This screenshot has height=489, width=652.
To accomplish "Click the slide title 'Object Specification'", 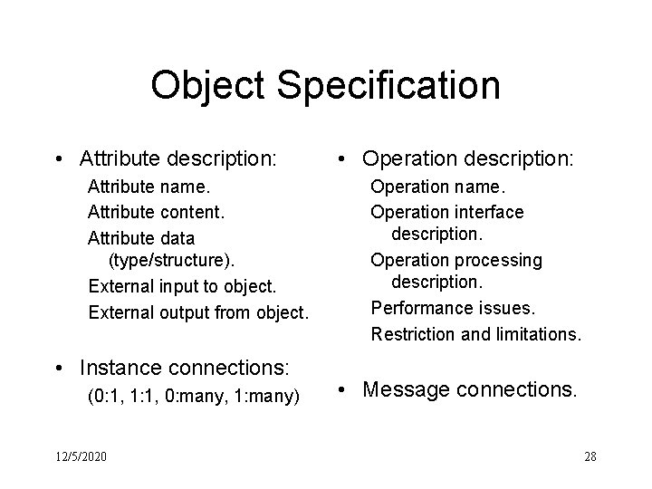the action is coord(325,86).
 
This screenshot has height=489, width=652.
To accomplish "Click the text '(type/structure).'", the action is coord(171,262).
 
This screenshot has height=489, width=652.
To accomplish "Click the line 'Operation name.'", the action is coord(438,187).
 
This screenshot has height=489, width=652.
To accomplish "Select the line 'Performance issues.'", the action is coord(454,308).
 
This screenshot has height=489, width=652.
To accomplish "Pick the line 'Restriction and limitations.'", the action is coord(475,333).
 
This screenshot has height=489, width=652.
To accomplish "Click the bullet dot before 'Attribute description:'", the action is coord(59,160).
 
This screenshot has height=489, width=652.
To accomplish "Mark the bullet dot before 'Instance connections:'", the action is coord(59,368).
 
